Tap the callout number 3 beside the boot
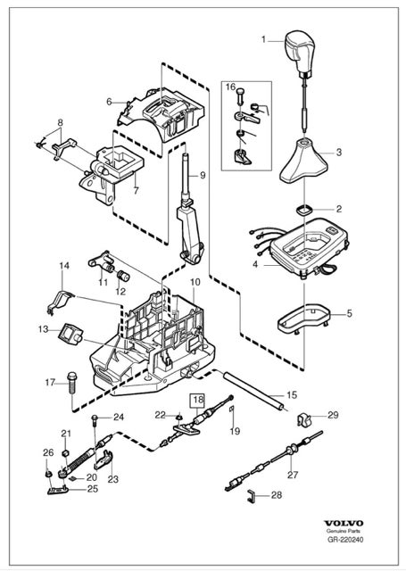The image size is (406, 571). pos(338,153)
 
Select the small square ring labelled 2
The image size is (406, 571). pos(304,210)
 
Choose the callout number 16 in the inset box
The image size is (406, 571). pos(229,87)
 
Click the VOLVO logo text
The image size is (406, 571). pos(363,540)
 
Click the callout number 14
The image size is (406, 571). pos(63,266)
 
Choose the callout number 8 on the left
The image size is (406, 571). pos(61,122)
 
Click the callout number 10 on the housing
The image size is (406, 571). pos(194,282)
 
